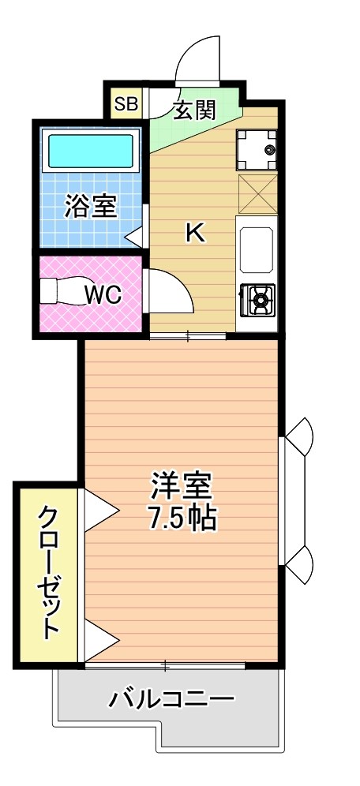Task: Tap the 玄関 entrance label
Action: (x=193, y=110)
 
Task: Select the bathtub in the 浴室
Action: (x=91, y=149)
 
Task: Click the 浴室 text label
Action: (x=91, y=207)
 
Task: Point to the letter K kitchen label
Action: (x=194, y=233)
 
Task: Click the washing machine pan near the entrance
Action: (x=258, y=148)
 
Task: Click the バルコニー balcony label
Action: (x=171, y=699)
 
